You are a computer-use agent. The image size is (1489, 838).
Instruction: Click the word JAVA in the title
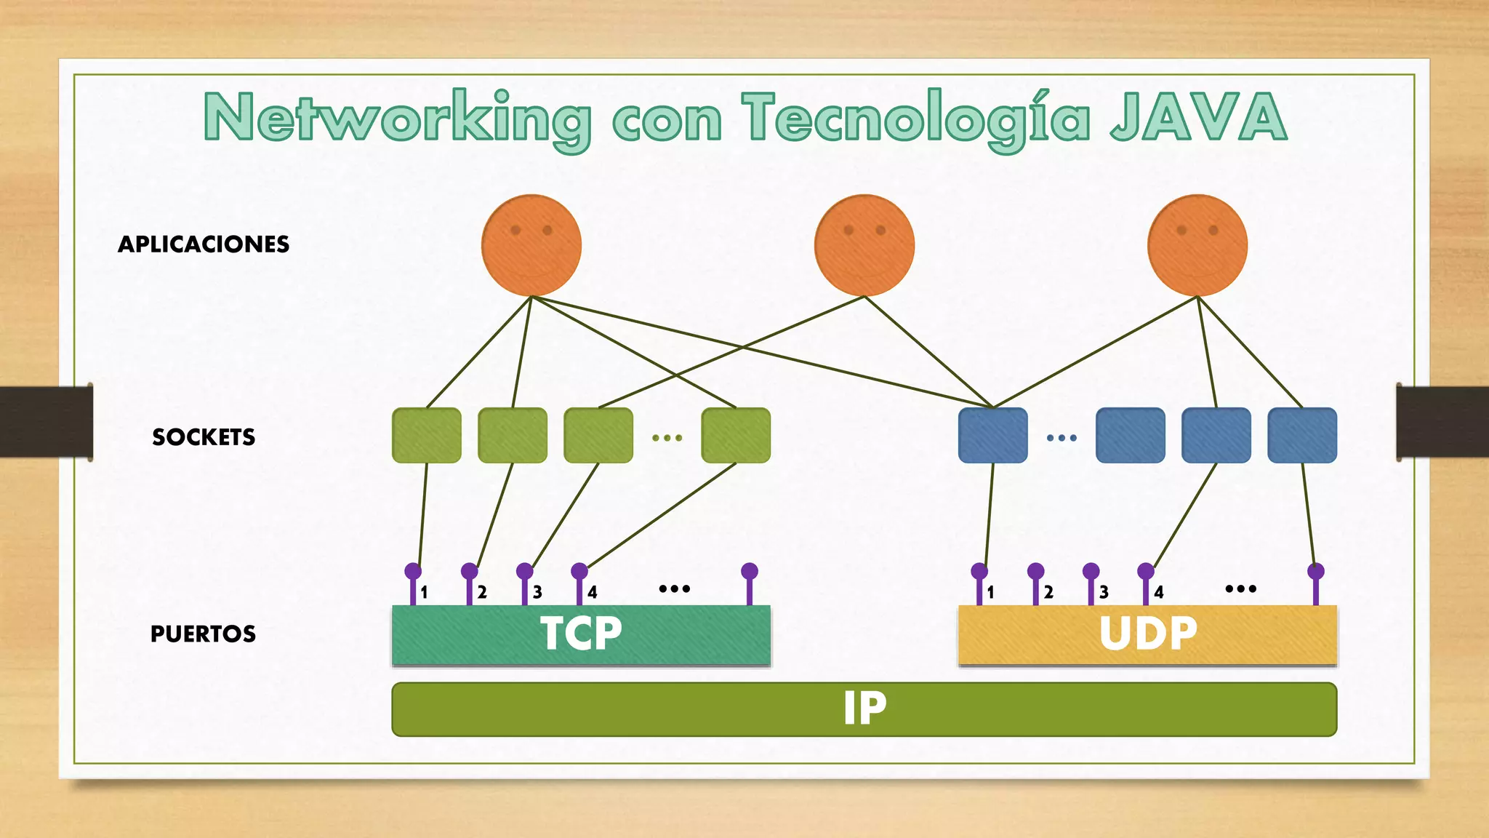1198,118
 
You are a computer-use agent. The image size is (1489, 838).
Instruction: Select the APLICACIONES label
204,244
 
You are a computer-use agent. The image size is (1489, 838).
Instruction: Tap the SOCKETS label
204,437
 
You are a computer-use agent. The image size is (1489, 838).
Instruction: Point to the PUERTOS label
203,634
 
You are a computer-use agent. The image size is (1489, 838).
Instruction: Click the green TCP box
581,634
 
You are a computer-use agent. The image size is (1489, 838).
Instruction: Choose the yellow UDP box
1147,634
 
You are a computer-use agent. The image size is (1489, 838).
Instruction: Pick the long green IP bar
864,709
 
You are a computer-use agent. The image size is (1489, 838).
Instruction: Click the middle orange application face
864,245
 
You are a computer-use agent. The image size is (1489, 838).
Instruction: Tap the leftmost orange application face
531,245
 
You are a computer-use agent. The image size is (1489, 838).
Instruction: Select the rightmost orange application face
1197,245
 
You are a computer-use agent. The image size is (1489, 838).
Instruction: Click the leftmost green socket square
427,436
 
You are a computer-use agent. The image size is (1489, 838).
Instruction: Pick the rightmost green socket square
736,436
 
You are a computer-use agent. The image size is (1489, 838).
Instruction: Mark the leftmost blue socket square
992,436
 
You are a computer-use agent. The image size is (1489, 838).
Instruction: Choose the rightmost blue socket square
1302,436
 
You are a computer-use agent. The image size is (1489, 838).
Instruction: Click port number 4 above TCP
592,593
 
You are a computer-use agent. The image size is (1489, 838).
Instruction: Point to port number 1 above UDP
990,593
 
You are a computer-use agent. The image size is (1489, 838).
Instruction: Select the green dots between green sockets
667,438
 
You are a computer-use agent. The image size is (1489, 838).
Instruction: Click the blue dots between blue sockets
1061,438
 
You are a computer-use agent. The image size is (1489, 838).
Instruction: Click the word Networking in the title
397,118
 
